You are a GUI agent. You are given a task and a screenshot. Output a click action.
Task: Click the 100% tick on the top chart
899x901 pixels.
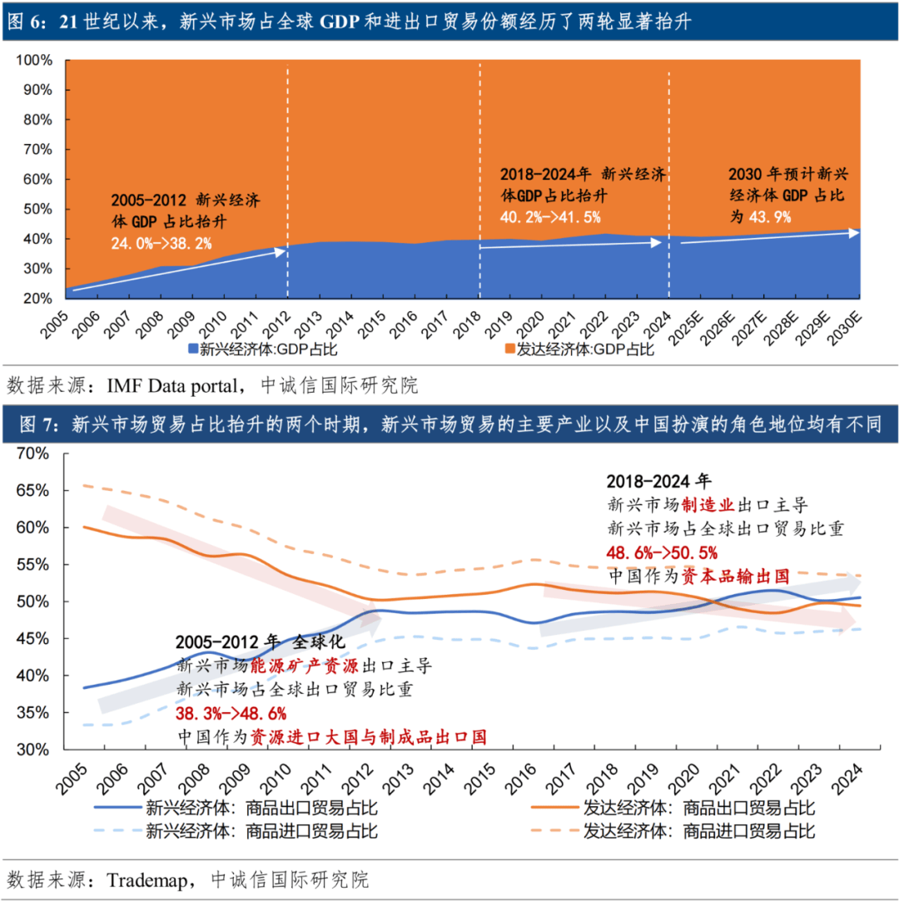coord(35,61)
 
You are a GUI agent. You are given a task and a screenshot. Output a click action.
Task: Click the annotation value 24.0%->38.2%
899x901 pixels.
coord(161,243)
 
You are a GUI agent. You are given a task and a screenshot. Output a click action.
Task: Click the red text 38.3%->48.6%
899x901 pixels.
coord(231,714)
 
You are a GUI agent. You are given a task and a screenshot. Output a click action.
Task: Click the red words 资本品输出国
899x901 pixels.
coord(735,575)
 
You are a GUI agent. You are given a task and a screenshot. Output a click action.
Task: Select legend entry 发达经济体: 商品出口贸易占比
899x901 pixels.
coord(698,808)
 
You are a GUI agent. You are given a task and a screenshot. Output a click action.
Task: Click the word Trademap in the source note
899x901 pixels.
coord(145,880)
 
